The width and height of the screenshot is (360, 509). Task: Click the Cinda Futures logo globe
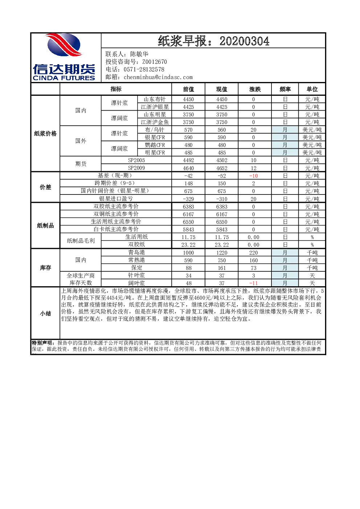click(64, 45)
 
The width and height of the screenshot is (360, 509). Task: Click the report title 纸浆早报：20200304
click(213, 41)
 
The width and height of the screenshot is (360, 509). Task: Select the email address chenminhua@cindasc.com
click(158, 77)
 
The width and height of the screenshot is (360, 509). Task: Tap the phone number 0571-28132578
click(144, 70)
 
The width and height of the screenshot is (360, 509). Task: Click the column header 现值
click(222, 89)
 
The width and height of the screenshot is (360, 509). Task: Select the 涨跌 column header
click(255, 89)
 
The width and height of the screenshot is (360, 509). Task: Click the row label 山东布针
click(155, 99)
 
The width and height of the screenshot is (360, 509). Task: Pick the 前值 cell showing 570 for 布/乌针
click(188, 130)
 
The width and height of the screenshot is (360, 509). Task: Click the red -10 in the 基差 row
click(253, 176)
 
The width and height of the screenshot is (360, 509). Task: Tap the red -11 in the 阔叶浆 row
click(253, 283)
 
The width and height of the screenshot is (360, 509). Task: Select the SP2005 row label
click(136, 160)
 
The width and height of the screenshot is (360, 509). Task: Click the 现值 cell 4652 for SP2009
click(222, 168)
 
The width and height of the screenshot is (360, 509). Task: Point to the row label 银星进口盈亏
click(116, 199)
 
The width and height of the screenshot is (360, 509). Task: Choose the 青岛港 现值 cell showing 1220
click(222, 253)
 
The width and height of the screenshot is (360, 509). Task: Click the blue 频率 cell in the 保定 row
click(285, 268)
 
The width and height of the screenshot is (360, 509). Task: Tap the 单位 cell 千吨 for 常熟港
click(312, 260)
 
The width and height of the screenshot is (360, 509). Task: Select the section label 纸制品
click(45, 226)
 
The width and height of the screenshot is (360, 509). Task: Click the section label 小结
click(45, 313)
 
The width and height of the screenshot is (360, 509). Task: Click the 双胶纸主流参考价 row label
click(116, 206)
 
